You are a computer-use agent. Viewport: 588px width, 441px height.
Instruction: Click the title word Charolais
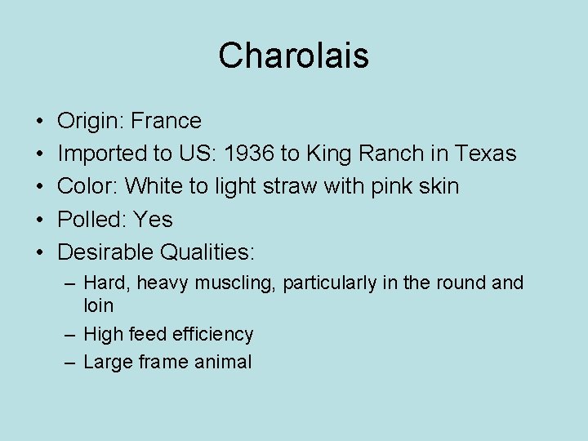pos(294,56)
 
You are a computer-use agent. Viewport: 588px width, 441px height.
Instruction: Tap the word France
pos(167,121)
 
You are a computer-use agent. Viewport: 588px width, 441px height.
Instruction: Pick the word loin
pos(99,305)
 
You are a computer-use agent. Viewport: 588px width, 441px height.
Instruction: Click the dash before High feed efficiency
pos(70,334)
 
